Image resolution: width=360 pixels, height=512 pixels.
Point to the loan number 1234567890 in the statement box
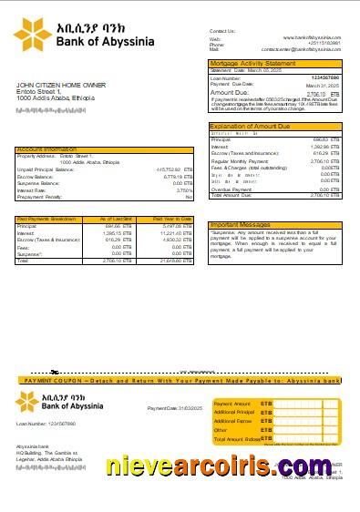pyautogui.click(x=324, y=78)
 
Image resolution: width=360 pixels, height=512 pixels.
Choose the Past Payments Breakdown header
pyautogui.click(x=47, y=220)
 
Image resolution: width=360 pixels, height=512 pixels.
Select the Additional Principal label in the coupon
pyautogui.click(x=232, y=412)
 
